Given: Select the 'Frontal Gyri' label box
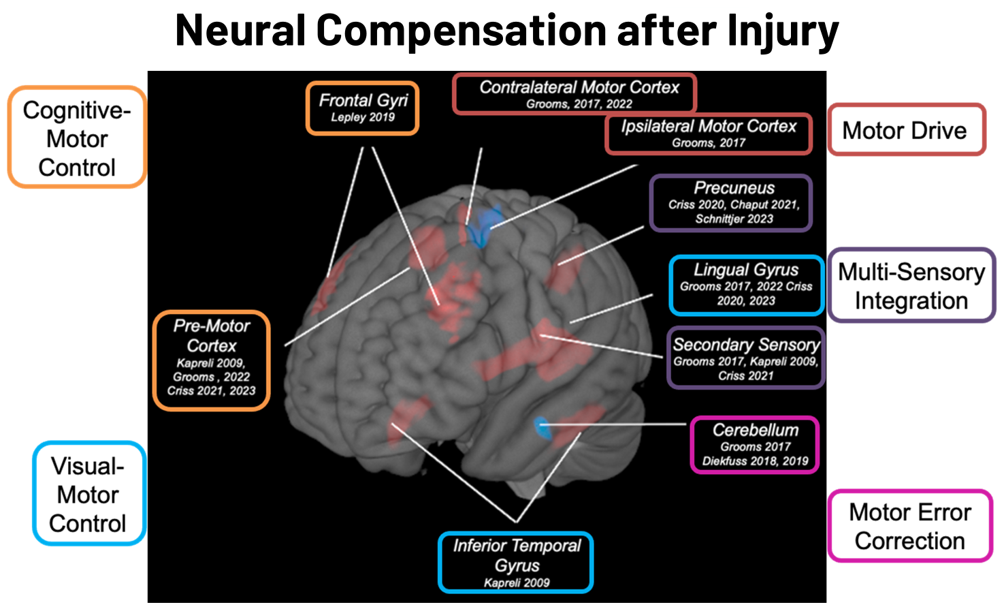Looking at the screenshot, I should (x=362, y=108).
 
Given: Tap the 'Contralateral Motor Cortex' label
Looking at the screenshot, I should (x=574, y=94).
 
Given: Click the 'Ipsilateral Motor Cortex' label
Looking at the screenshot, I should (x=709, y=134).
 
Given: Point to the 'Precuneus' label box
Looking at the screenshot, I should (x=732, y=203).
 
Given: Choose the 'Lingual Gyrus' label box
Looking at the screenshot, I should (x=746, y=285).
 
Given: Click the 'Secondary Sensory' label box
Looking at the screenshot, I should (x=745, y=358).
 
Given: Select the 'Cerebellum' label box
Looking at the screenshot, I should (x=755, y=445).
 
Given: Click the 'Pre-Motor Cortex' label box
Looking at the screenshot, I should (x=211, y=360).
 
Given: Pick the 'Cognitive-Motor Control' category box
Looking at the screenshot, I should (x=77, y=138).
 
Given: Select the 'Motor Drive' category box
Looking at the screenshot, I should (x=906, y=130).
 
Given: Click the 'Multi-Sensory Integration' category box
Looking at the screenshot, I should (x=911, y=285).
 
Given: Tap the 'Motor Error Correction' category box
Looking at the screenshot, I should (x=910, y=526).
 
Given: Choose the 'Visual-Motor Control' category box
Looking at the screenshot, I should (x=88, y=494).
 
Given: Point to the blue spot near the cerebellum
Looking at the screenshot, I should (x=542, y=427).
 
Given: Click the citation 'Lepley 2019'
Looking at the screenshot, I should (x=363, y=117).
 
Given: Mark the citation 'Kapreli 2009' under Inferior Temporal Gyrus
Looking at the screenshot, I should (x=517, y=582).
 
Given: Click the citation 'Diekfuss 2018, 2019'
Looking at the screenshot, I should (x=755, y=461).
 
